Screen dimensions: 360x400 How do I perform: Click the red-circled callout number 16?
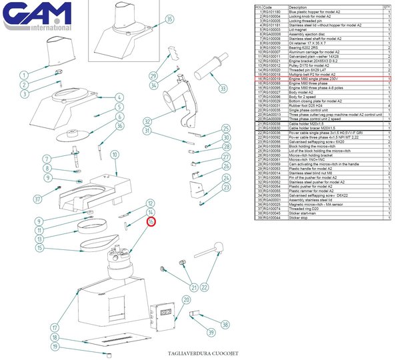point(151,221)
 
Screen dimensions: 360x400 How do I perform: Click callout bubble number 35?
point(169,19)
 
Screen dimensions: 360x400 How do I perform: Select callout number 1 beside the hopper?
point(25,75)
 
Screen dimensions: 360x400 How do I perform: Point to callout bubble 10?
point(115,155)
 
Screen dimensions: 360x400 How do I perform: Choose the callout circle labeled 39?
point(210,332)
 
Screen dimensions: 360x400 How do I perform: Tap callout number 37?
point(38,198)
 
